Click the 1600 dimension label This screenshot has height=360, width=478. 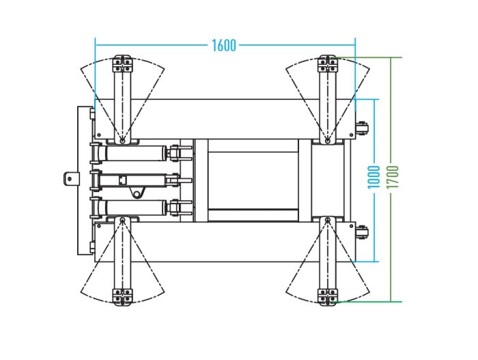[x=224, y=46]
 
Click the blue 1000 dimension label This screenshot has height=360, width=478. [x=374, y=177]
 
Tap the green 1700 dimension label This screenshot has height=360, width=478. [x=393, y=177]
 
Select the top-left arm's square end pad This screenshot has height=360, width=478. [x=122, y=64]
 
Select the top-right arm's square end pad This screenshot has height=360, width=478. [x=328, y=64]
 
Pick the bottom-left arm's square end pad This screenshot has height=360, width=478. [x=122, y=297]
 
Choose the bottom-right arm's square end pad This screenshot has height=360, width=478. [x=328, y=297]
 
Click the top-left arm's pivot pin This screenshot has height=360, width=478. [x=122, y=141]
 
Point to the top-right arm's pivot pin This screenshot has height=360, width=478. [x=328, y=141]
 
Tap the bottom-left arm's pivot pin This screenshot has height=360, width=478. [x=122, y=220]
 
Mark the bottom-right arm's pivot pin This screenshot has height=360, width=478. [x=328, y=220]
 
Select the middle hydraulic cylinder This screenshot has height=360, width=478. [x=133, y=180]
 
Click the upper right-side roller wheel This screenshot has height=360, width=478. [x=363, y=128]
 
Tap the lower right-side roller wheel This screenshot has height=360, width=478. [x=363, y=232]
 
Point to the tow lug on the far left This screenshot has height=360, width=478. [x=71, y=178]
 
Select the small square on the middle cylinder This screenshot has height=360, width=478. [x=122, y=180]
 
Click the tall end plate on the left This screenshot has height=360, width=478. [x=85, y=180]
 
